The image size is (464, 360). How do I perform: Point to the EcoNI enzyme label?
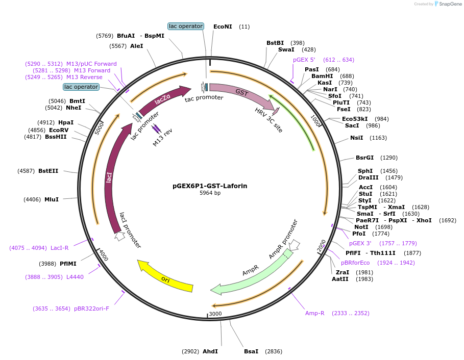[x=223, y=27]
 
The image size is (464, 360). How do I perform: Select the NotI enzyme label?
[x=361, y=227]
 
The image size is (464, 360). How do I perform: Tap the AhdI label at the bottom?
[x=210, y=351]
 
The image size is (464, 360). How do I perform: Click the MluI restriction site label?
[x=52, y=199]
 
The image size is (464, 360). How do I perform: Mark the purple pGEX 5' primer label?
[x=304, y=60]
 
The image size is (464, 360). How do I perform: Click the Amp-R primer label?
[x=315, y=313]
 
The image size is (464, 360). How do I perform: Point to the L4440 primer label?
[x=75, y=277]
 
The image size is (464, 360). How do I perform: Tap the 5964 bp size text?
[x=210, y=193]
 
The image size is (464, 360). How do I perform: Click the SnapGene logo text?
[x=449, y=4]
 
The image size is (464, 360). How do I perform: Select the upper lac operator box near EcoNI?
[x=186, y=26]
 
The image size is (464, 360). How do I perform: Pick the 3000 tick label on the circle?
[x=215, y=313]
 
